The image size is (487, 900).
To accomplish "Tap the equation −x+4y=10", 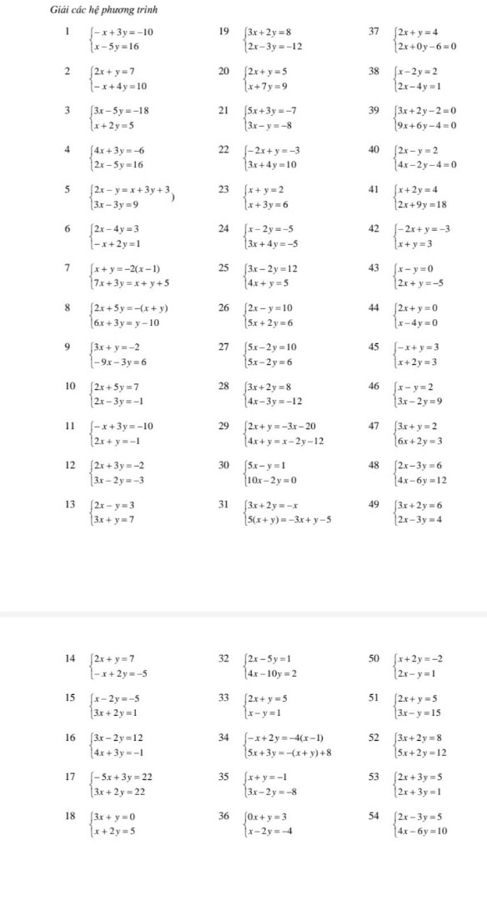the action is coord(121,85).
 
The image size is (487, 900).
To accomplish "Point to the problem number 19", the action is coord(223,32).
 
